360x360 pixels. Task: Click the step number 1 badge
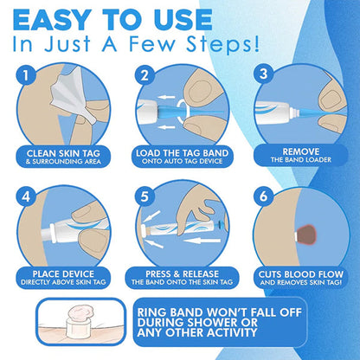[x=26, y=75]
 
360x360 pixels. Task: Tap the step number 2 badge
[x=145, y=75]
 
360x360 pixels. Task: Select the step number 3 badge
[x=264, y=74]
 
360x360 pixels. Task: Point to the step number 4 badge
[x=26, y=196]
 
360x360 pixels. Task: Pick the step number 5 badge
[x=145, y=196]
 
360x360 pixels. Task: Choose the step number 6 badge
[x=264, y=196]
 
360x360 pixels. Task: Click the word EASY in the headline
[x=50, y=20]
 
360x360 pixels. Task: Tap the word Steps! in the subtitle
[x=223, y=44]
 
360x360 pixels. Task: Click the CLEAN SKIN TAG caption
[x=63, y=153]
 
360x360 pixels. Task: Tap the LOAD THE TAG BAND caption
[x=182, y=153]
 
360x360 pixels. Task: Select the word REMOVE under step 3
[x=301, y=151]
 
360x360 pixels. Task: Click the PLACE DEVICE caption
[x=63, y=273]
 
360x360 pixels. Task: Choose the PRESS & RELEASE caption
[x=182, y=273]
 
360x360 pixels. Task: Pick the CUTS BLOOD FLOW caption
[x=301, y=274]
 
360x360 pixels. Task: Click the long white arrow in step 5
[x=202, y=240]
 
